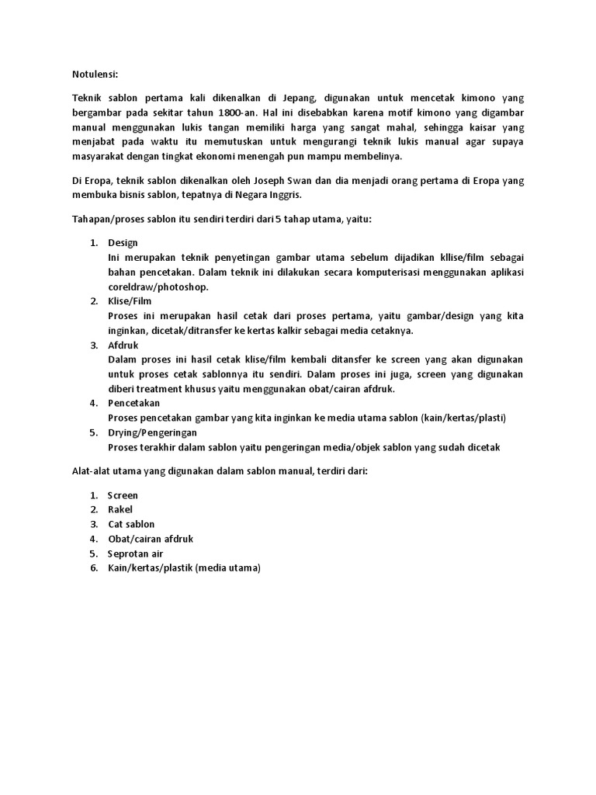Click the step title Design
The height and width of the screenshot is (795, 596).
pyautogui.click(x=123, y=243)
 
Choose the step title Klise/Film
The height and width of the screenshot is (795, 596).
pyautogui.click(x=130, y=301)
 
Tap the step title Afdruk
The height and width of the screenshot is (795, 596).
pyautogui.click(x=124, y=345)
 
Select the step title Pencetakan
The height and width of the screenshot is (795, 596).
pyautogui.click(x=134, y=404)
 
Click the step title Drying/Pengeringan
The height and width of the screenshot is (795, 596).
pyautogui.click(x=153, y=432)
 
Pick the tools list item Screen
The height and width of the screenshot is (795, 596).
pyautogui.click(x=123, y=495)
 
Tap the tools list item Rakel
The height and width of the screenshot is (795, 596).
pyautogui.click(x=120, y=509)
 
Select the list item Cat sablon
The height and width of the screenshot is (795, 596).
pyautogui.click(x=132, y=524)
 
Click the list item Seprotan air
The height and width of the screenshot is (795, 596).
pyautogui.click(x=136, y=554)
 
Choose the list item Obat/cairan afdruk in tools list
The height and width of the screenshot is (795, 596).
pyautogui.click(x=150, y=539)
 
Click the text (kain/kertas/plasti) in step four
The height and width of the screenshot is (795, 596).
pyautogui.click(x=463, y=418)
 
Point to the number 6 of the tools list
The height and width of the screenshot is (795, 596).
pyautogui.click(x=92, y=568)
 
